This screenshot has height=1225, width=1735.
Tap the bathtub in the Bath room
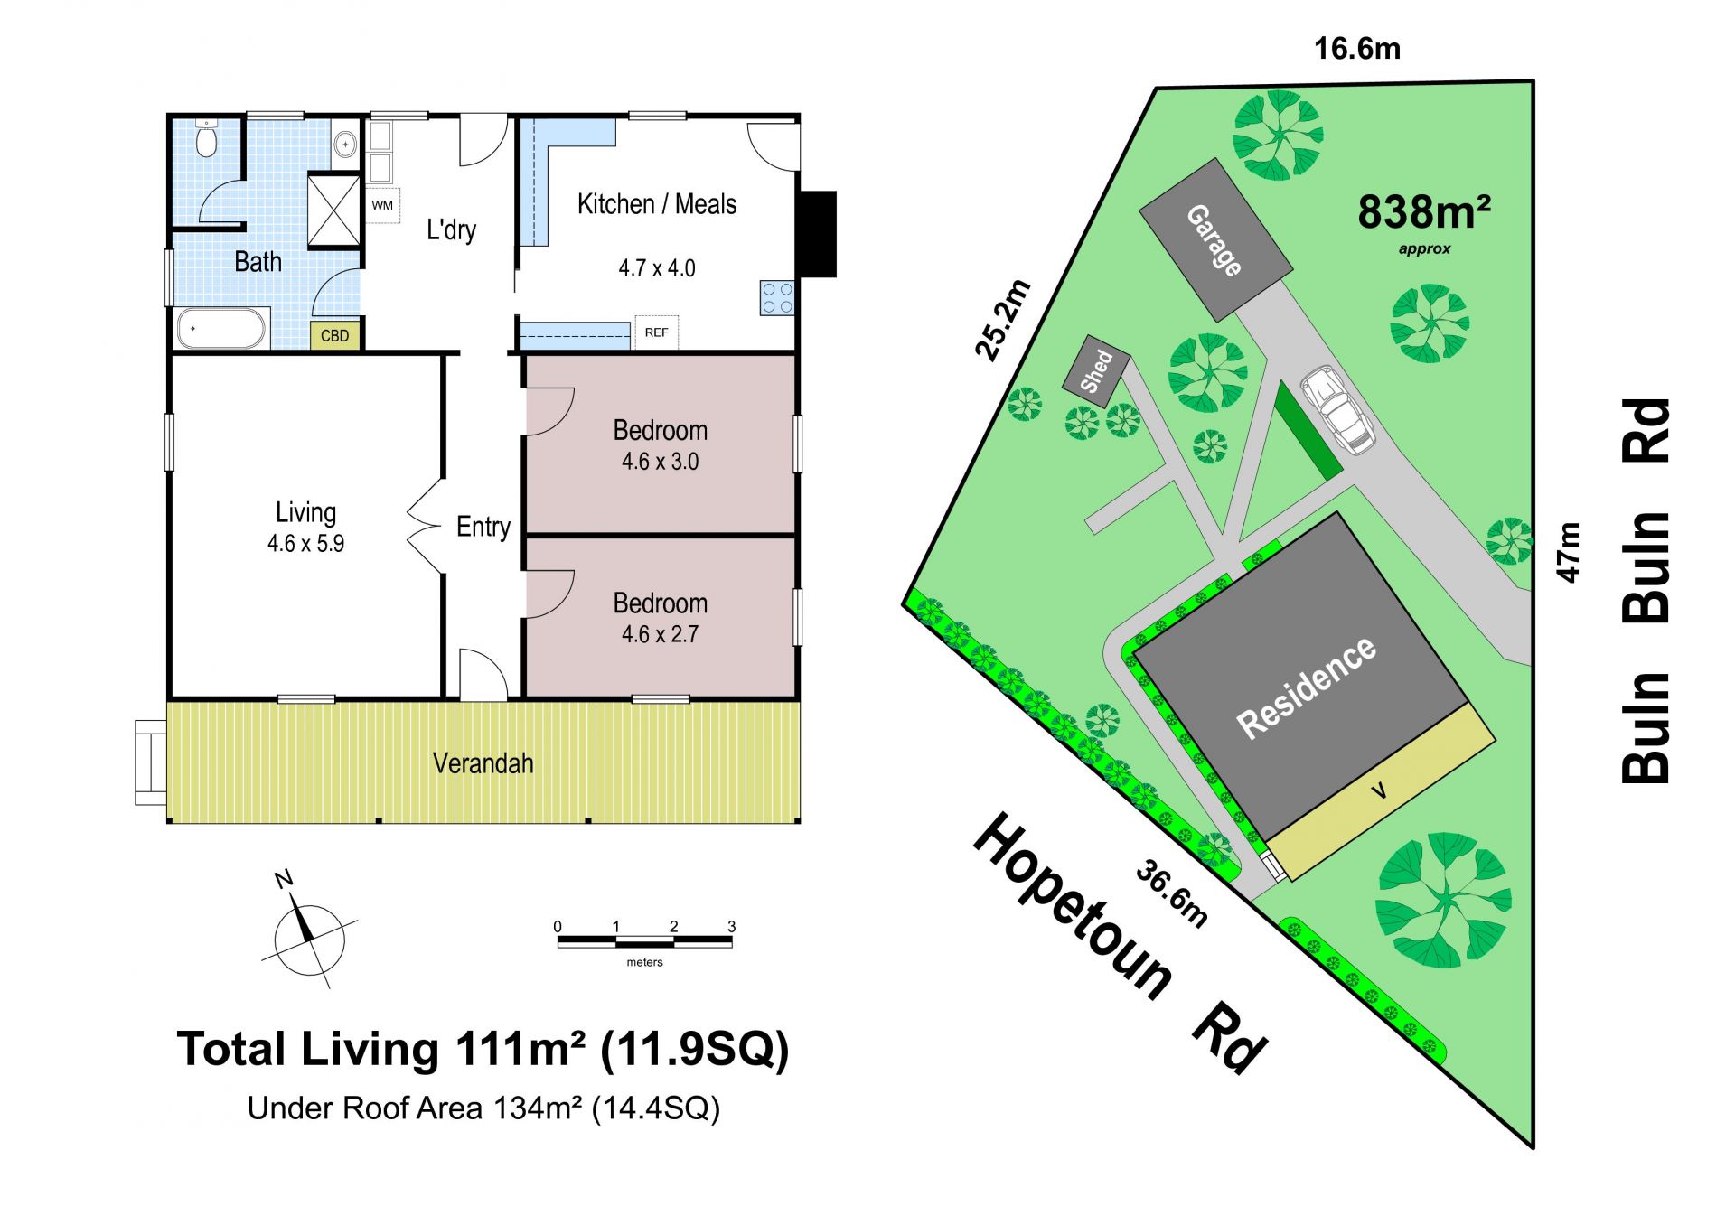point(222,329)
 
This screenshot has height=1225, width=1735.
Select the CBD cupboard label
point(335,336)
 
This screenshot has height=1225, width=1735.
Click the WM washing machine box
point(382,205)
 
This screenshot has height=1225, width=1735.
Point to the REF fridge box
point(657,332)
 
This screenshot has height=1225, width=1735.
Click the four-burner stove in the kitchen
point(777,298)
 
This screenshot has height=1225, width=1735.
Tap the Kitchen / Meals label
point(657,204)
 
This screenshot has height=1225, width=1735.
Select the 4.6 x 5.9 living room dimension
point(305,544)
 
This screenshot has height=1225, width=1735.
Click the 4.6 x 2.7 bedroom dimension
point(660,634)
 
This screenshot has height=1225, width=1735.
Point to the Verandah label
point(483,763)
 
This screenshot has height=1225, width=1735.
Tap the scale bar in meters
point(645,941)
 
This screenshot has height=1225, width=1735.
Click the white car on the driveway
point(1337,408)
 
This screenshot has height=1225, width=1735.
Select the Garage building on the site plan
point(1215,240)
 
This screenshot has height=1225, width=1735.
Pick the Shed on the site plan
point(1096,370)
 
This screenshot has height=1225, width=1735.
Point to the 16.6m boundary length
point(1357,48)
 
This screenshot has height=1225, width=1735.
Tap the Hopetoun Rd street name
point(1121,943)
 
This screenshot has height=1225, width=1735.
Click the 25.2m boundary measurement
point(1003,320)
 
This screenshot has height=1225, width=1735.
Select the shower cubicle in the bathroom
point(334,210)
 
